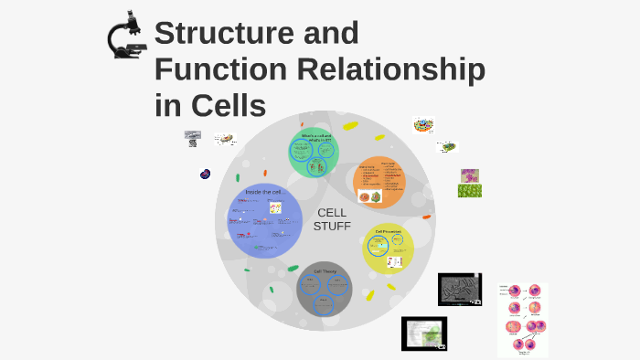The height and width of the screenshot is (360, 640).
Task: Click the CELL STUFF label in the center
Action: click(332, 219)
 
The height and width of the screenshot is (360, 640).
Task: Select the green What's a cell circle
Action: click(315, 153)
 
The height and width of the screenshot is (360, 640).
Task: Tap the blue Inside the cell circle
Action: click(264, 220)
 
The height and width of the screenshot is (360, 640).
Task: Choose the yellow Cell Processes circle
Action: click(389, 249)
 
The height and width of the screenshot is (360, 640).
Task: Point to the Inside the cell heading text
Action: click(262, 192)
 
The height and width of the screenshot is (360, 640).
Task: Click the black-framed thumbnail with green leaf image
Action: click(424, 334)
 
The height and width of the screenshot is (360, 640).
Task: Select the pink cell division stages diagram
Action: click(522, 320)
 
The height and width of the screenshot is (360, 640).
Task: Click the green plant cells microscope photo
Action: click(470, 191)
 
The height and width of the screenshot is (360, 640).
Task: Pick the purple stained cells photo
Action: click(470, 175)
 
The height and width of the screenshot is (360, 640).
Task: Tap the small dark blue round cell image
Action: click(206, 174)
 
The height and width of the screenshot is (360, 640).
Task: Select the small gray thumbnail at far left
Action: click(192, 139)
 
